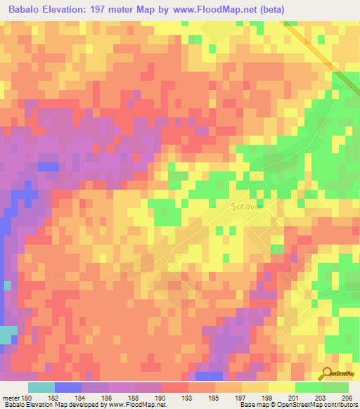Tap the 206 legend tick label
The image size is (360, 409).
(x=346, y=397)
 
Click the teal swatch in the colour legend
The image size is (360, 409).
(x=41, y=387)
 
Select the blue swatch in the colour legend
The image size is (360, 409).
(x=67, y=387)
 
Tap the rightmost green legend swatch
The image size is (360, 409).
(x=335, y=387)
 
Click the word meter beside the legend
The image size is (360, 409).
(x=11, y=397)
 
